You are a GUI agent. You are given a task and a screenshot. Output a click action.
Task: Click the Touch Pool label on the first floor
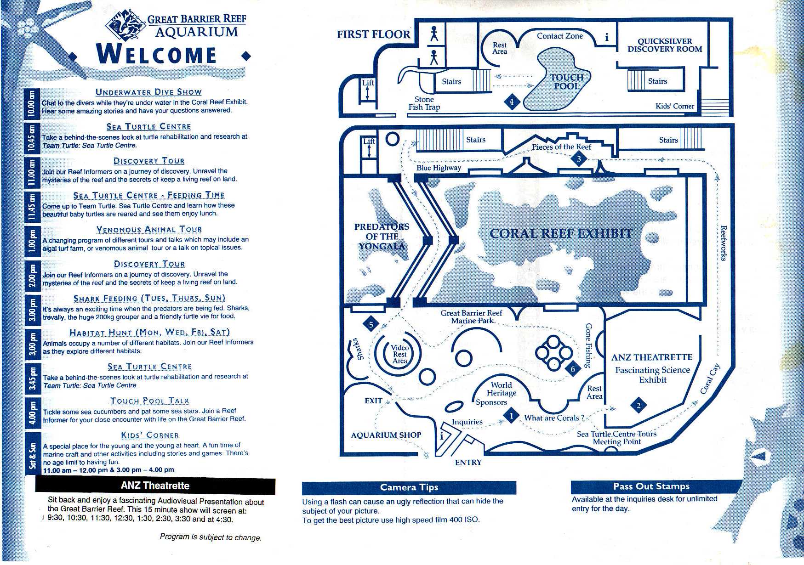[567, 82]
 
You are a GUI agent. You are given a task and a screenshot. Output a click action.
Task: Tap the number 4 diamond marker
[512, 102]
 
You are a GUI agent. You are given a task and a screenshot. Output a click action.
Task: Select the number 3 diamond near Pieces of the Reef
[579, 159]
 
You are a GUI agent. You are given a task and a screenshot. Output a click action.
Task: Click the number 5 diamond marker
[371, 324]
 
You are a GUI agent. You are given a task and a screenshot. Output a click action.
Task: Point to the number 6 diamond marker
[573, 369]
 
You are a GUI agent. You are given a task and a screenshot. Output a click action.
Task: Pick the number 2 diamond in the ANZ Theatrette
[639, 406]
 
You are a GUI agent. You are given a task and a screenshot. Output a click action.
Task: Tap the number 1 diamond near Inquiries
[511, 417]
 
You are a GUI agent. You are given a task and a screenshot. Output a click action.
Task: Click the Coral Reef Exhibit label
[561, 233]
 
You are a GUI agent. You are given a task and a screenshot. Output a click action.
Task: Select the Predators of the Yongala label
[382, 236]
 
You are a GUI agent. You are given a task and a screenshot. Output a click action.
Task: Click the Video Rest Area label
[399, 354]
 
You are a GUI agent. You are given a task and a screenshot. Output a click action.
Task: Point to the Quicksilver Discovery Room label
[665, 45]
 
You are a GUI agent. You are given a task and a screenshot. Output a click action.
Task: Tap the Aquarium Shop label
[386, 435]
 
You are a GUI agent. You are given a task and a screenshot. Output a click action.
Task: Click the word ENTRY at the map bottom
[468, 462]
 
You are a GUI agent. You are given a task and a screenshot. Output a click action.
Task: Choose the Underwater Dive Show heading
[148, 92]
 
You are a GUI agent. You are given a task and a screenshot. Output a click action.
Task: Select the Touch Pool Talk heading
[150, 401]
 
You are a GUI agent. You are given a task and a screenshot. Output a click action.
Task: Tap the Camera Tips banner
[409, 487]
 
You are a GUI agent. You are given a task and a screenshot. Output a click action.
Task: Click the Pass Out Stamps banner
[656, 486]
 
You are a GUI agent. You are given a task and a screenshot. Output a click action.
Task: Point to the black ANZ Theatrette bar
[155, 486]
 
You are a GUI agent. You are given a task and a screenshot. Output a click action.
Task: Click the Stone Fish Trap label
[424, 103]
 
